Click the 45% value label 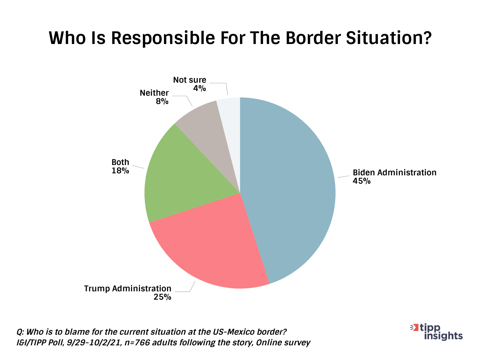(362, 181)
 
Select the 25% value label (162, 297)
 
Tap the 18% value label (120, 171)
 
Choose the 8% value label (162, 101)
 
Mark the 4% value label (199, 88)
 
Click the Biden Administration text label (394, 173)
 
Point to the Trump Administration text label (128, 288)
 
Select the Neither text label (154, 93)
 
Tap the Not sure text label (190, 80)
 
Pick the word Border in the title (310, 38)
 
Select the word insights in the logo (443, 336)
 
